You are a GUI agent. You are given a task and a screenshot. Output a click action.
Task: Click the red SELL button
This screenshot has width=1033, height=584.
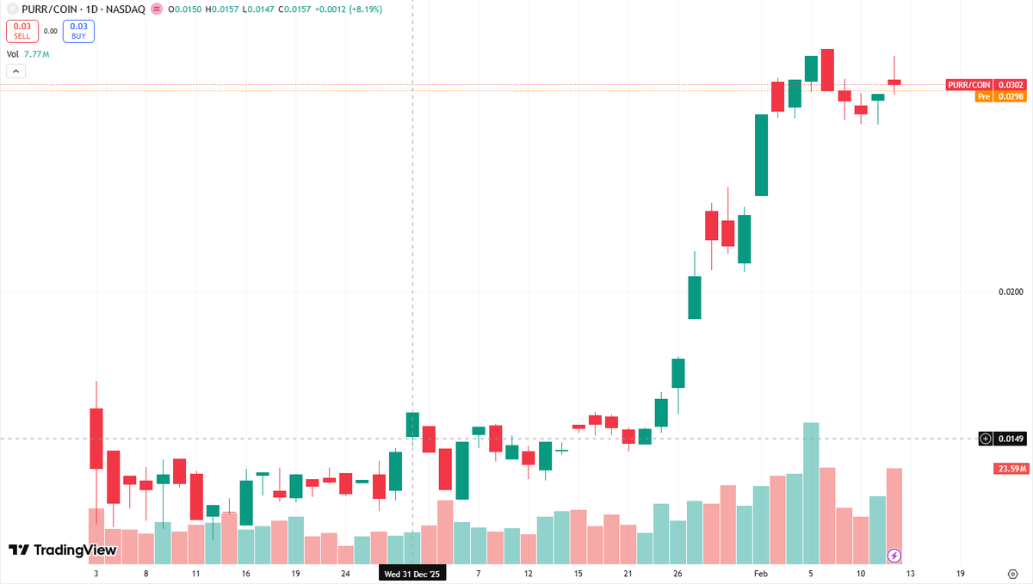(22, 31)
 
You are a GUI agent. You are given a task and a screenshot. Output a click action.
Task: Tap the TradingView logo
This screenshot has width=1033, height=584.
(62, 550)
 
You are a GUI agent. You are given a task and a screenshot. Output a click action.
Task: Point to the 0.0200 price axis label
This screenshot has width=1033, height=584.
(1011, 292)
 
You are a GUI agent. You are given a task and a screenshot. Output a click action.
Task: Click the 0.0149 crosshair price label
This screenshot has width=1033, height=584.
(1011, 439)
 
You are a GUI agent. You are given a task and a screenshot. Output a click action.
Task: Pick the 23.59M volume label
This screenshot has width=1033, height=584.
(1010, 469)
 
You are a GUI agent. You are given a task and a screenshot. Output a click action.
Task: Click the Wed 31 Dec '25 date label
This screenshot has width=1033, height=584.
(414, 574)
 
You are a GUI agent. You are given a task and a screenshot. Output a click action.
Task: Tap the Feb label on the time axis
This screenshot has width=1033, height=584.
(760, 574)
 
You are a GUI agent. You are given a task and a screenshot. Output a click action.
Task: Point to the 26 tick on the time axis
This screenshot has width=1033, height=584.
(677, 574)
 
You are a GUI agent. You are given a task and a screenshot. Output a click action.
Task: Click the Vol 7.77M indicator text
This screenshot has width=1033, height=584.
(28, 54)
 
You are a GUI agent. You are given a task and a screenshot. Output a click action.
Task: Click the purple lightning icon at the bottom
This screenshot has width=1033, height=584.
(894, 555)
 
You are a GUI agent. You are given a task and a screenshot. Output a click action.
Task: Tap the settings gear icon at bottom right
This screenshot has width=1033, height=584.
(1012, 574)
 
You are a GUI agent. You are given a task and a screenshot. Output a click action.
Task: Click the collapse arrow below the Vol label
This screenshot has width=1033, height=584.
(15, 71)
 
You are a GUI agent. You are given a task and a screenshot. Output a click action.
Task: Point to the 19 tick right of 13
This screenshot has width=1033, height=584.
(960, 574)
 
